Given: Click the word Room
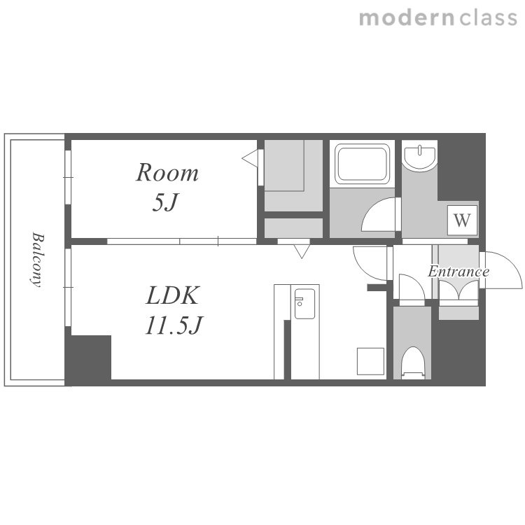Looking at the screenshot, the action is click(167, 173).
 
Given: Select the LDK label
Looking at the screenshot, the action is click(173, 295).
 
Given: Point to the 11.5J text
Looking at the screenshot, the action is click(174, 325).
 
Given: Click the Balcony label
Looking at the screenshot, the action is click(37, 260).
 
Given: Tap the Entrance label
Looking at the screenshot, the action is click(458, 271).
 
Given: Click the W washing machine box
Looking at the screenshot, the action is click(462, 220).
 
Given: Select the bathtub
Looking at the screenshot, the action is click(363, 164).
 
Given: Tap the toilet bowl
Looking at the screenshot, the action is click(412, 363).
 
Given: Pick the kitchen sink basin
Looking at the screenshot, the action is click(304, 304).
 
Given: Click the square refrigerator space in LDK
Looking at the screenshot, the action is click(370, 361).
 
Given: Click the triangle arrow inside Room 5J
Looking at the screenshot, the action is click(250, 158).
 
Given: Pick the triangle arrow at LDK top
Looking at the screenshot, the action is click(302, 251).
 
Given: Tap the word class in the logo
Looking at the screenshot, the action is click(488, 17).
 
